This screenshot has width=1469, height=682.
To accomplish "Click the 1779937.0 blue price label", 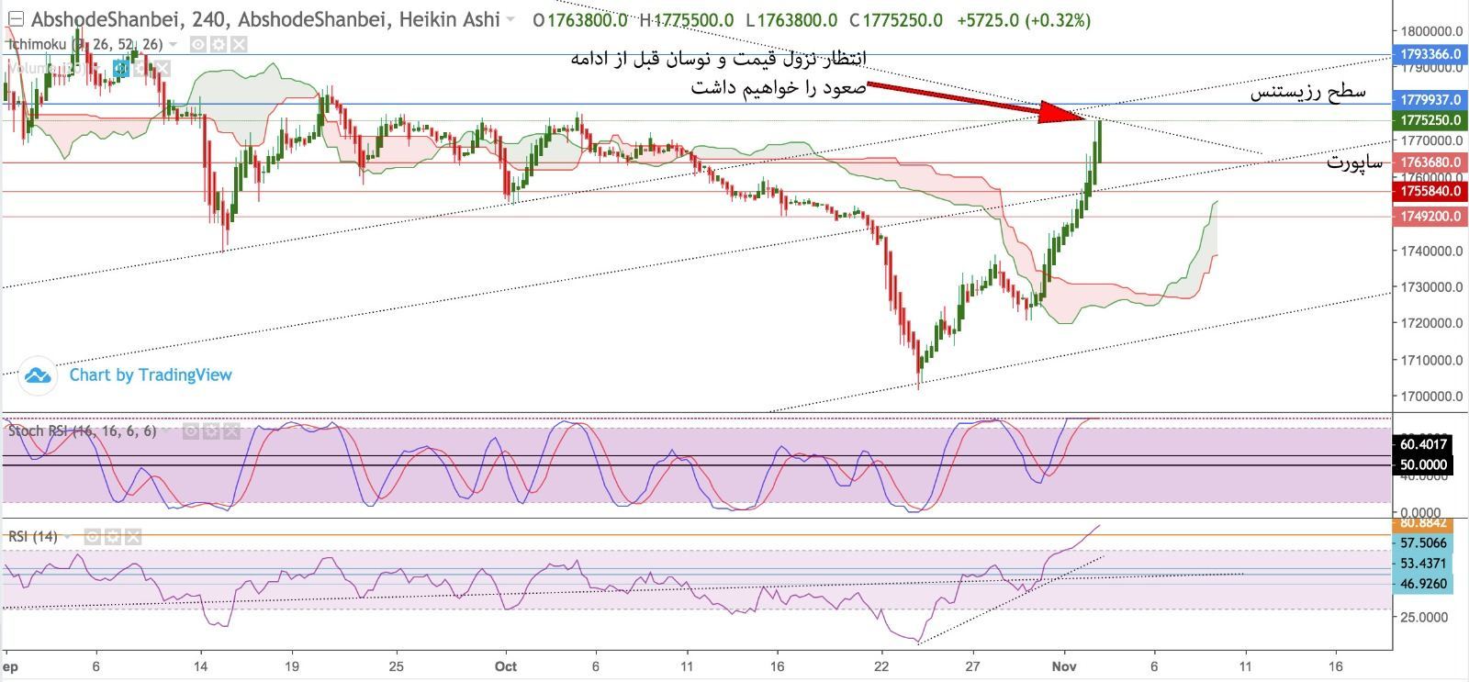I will click(x=1430, y=99).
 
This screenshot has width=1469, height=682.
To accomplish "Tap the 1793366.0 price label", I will click(x=1430, y=54).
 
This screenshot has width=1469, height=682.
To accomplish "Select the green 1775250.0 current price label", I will click(x=1430, y=120).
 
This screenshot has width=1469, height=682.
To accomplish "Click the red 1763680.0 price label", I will click(x=1430, y=162).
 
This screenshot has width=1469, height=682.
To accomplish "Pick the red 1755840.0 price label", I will click(x=1430, y=191).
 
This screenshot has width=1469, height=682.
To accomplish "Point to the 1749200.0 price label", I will click(x=1430, y=217).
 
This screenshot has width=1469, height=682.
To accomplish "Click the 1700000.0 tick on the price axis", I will click(x=1430, y=397).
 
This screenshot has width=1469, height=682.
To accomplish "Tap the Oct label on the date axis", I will click(x=505, y=665).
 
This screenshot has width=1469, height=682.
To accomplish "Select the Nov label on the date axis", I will click(x=1063, y=665).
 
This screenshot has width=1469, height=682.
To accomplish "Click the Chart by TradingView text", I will click(x=151, y=375).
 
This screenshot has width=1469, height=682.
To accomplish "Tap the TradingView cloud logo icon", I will click(x=38, y=375).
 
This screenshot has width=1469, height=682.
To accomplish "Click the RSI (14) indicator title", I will click(x=33, y=537).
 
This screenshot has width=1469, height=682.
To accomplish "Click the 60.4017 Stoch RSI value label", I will click(x=1422, y=444).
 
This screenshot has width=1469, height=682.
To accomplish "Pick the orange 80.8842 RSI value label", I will click(x=1422, y=523).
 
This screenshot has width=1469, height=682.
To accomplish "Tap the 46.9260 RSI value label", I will click(x=1422, y=584).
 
